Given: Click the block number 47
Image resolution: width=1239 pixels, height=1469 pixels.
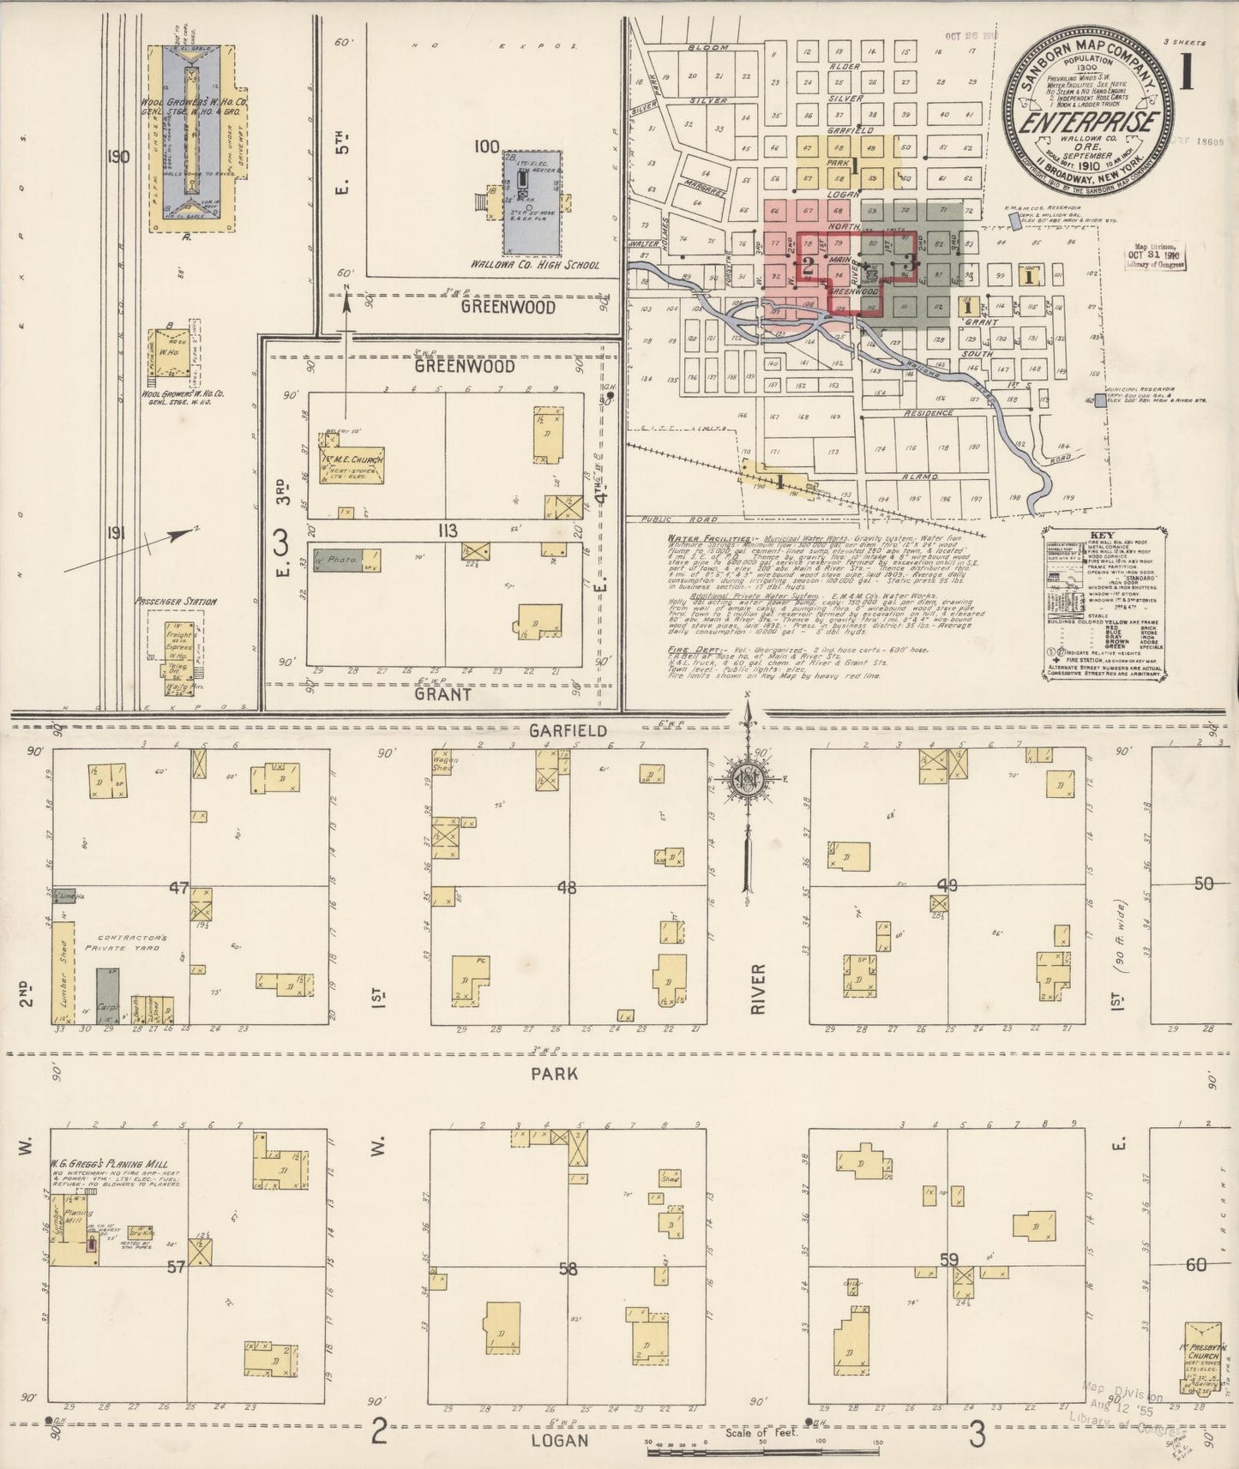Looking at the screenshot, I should pos(178,888).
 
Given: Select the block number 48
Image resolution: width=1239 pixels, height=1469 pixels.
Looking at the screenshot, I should pos(567,888).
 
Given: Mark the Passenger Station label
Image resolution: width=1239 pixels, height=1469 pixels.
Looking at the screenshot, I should pos(176,602).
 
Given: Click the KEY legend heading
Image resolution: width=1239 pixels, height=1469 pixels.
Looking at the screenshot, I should pos(1102,531).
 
